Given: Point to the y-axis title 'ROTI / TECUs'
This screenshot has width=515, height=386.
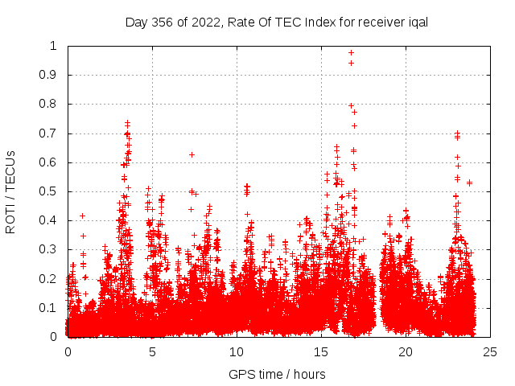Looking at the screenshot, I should pyautogui.click(x=10, y=191).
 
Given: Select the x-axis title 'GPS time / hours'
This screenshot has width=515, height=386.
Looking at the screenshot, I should pyautogui.click(x=277, y=374).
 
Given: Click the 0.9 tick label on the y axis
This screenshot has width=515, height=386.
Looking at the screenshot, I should pyautogui.click(x=51, y=75).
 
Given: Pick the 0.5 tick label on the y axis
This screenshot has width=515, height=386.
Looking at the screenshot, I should pyautogui.click(x=51, y=191).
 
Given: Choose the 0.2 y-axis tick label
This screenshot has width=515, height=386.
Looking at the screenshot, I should pyautogui.click(x=51, y=279).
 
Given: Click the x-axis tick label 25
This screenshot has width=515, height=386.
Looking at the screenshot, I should pyautogui.click(x=490, y=351).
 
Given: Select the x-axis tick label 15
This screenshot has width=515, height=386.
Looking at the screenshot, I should pyautogui.click(x=321, y=351).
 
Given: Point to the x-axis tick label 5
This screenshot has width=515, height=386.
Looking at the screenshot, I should pyautogui.click(x=152, y=351).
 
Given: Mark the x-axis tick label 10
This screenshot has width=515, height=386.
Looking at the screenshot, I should pyautogui.click(x=237, y=351).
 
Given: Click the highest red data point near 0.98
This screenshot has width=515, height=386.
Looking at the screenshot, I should pyautogui.click(x=351, y=52).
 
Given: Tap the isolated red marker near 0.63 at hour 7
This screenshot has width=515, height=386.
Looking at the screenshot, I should pyautogui.click(x=192, y=154).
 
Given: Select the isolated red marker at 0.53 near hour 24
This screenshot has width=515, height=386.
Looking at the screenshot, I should pyautogui.click(x=469, y=183).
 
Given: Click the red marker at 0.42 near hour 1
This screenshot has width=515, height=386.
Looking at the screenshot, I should pyautogui.click(x=82, y=216).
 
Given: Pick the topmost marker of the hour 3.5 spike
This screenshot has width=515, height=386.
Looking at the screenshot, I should pyautogui.click(x=127, y=123).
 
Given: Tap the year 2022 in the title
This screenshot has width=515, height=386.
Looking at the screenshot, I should pyautogui.click(x=208, y=22).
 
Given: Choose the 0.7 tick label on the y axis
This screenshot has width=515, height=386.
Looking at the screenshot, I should pyautogui.click(x=51, y=133).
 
